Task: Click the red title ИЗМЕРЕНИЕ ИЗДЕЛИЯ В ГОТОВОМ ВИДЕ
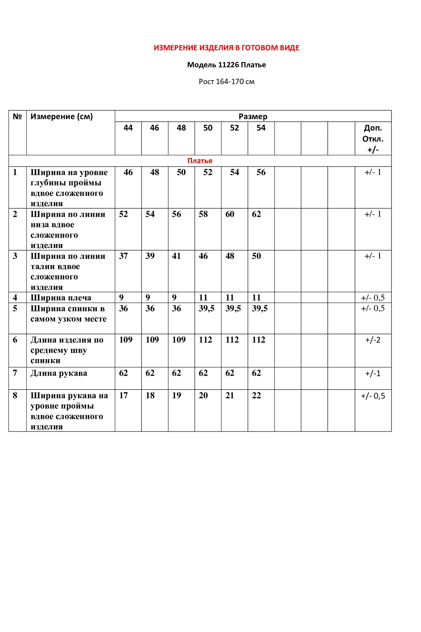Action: (226, 48)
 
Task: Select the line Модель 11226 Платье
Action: (226, 65)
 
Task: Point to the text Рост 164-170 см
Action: (226, 82)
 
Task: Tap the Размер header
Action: (253, 116)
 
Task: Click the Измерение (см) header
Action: (62, 116)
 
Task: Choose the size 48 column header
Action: (181, 128)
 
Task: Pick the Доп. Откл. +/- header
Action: (373, 138)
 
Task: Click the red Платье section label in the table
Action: (200, 161)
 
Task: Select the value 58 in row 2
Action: (203, 214)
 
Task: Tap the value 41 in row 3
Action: (176, 256)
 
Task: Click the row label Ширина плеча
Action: (61, 298)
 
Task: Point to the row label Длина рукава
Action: (59, 373)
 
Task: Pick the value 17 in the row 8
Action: (123, 395)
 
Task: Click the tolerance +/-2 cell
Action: (373, 340)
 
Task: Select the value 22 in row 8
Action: (256, 395)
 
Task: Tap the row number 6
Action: (15, 340)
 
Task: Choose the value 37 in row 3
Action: (123, 256)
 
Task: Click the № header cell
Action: (17, 116)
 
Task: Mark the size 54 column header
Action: (261, 128)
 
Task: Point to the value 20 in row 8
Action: (203, 395)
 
